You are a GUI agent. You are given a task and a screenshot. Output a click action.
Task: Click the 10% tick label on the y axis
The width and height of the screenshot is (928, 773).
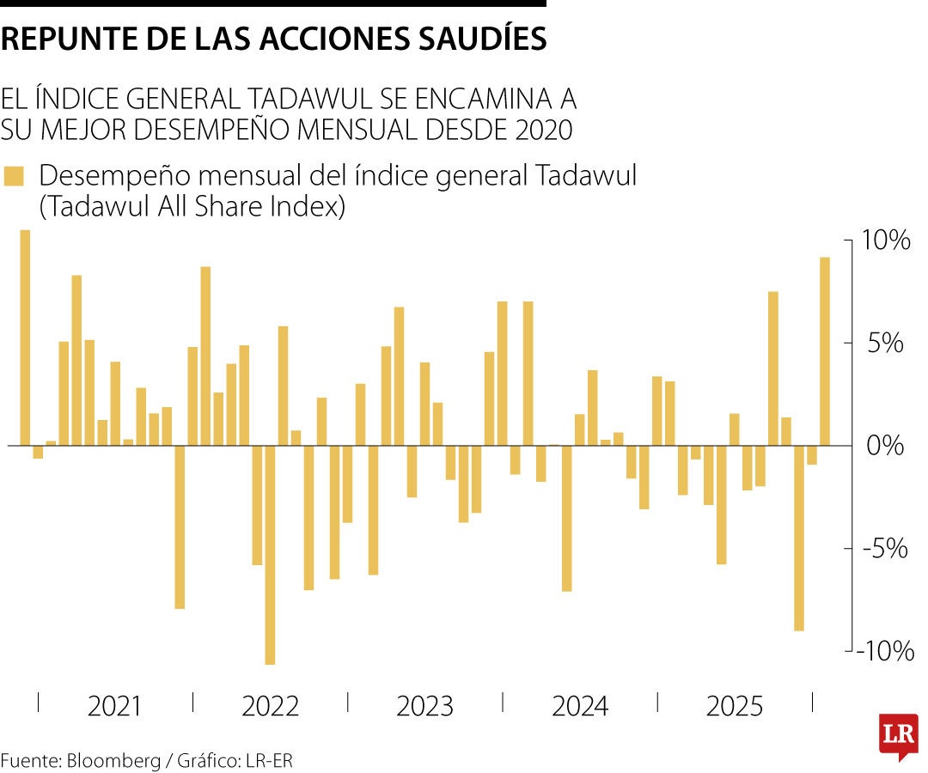[887, 240]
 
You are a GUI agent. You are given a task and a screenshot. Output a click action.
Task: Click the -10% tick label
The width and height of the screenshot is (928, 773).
[883, 652]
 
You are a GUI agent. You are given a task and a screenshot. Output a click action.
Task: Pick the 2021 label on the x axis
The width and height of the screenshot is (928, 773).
[115, 707]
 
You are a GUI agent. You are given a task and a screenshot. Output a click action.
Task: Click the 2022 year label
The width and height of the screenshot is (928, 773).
[270, 707]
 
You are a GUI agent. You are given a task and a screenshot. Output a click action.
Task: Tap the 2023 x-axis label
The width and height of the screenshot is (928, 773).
[424, 707]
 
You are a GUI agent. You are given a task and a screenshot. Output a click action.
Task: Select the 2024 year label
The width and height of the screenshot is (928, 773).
[579, 707]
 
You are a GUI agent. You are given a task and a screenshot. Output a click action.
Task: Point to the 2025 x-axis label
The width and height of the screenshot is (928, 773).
[734, 707]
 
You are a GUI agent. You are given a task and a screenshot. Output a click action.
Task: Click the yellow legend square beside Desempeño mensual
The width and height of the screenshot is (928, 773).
[14, 176]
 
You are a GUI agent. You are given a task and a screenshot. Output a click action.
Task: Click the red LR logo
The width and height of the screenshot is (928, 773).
[898, 736]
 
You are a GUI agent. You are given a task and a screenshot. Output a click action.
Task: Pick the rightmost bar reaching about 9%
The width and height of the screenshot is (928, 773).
[824, 351]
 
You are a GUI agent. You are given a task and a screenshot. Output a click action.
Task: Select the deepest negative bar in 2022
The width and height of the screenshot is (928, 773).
[270, 555]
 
